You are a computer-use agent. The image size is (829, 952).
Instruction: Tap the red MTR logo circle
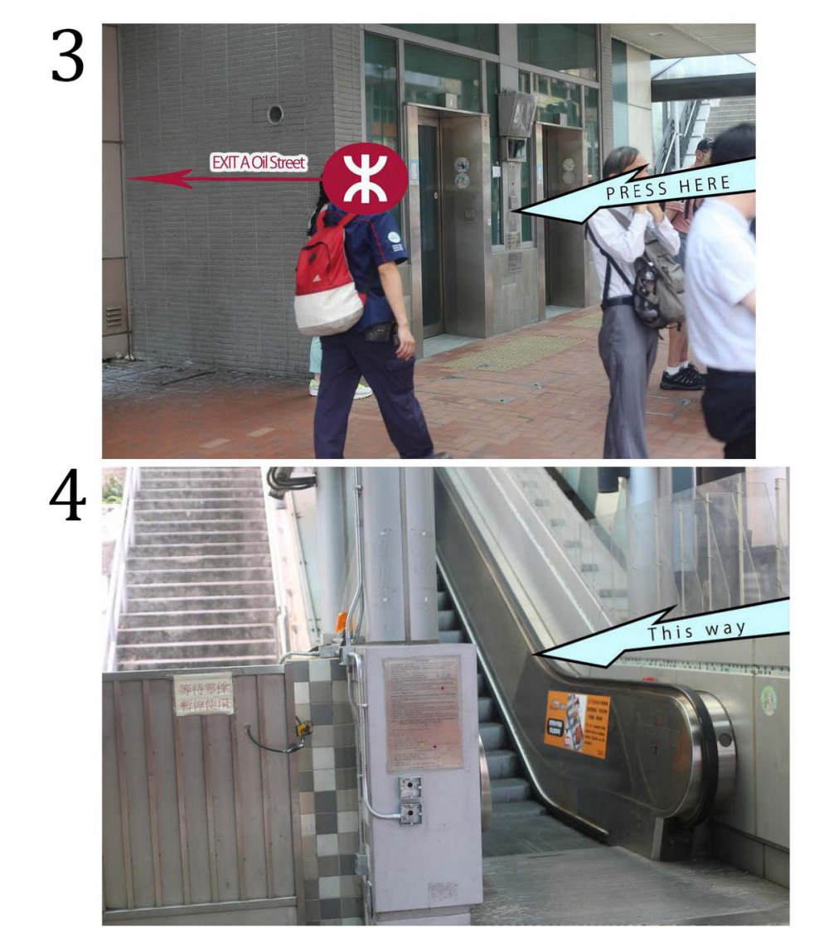pyautogui.click(x=364, y=178)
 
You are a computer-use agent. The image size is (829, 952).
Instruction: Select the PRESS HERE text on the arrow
pyautogui.click(x=667, y=188)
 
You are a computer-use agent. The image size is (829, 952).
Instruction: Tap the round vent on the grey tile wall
pyautogui.click(x=274, y=114)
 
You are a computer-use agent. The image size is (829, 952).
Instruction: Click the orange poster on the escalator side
pyautogui.click(x=577, y=722)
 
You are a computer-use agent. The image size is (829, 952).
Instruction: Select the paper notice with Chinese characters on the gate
pyautogui.click(x=203, y=694)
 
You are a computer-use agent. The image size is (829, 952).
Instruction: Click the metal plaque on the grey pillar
pyautogui.click(x=423, y=712)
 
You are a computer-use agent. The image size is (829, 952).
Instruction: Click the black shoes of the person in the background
pyautogui.click(x=682, y=378)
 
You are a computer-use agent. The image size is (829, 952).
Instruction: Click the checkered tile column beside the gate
pyautogui.click(x=327, y=787)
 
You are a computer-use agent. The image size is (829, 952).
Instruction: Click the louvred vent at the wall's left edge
pyautogui.click(x=114, y=317)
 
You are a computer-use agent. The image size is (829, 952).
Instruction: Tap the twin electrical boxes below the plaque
pyautogui.click(x=410, y=800)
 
